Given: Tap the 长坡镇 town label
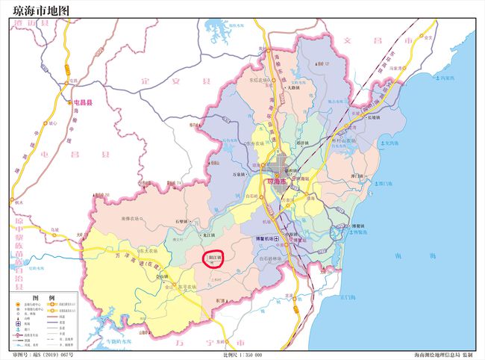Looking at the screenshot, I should [x=373, y=117].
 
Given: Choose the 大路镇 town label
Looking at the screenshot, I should [x=294, y=88].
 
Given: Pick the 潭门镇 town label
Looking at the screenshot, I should [x=360, y=176].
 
